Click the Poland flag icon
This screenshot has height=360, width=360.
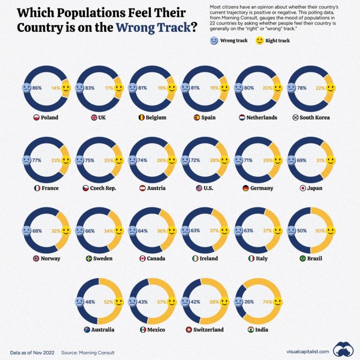click(36, 118)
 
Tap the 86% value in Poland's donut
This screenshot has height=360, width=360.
click(37, 88)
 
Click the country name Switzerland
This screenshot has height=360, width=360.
click(209, 330)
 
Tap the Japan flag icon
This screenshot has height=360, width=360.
click(303, 188)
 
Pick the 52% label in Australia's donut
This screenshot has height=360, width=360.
click(109, 302)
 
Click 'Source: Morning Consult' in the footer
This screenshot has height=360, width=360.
click(88, 352)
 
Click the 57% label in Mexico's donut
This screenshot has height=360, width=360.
click(162, 302)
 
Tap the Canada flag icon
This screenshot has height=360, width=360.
click(142, 258)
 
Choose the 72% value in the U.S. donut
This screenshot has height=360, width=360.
click(196, 160)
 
